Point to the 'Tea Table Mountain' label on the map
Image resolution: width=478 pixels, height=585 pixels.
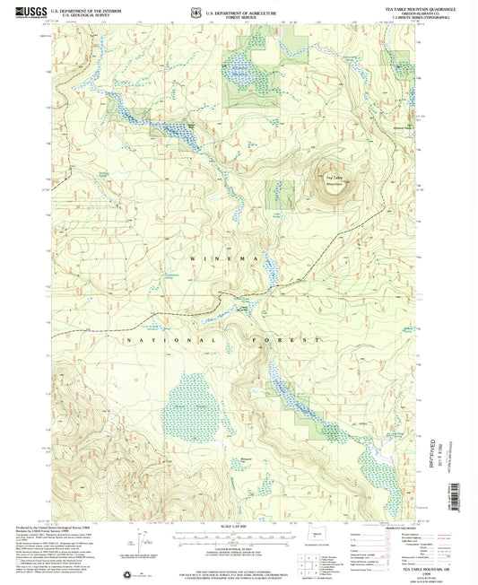tap(321, 179)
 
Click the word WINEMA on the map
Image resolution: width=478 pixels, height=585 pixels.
tap(219, 258)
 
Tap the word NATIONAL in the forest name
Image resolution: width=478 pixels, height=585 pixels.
tap(189, 341)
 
